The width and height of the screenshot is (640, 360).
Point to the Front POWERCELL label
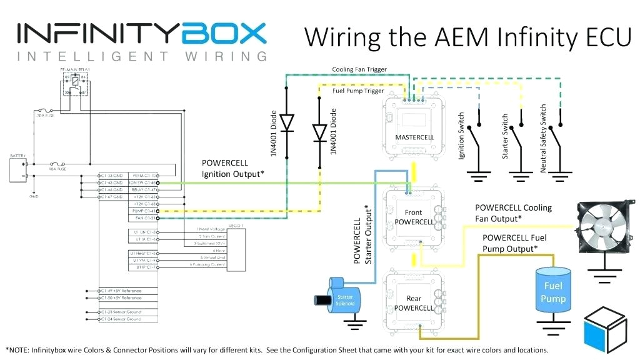click(x=414, y=217)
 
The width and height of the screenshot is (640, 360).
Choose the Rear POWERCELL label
click(x=414, y=303)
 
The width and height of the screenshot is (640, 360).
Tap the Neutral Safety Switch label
click(x=543, y=138)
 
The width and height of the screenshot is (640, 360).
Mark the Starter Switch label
click(x=506, y=136)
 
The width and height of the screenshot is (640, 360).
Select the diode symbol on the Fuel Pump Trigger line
click(x=319, y=132)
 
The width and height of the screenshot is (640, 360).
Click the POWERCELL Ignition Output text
click(x=232, y=169)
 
